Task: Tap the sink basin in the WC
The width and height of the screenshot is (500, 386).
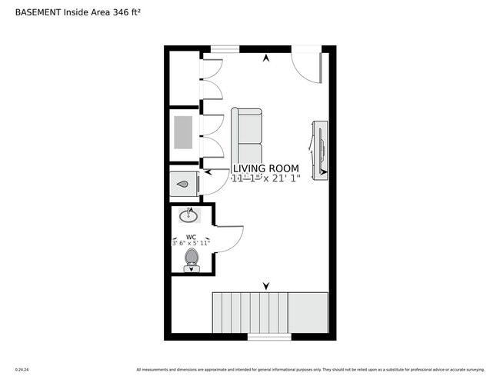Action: click(x=189, y=215)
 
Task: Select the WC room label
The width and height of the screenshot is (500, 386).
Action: click(x=192, y=237)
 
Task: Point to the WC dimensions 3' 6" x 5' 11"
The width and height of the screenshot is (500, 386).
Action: click(x=191, y=243)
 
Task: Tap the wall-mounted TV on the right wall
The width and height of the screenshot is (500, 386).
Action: click(x=320, y=150)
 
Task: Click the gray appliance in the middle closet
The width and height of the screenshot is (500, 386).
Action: click(x=183, y=132)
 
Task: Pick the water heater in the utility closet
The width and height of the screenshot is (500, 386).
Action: click(x=185, y=185)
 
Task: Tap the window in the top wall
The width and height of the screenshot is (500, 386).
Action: click(x=225, y=49)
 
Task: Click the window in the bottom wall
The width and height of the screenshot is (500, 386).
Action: click(x=269, y=337)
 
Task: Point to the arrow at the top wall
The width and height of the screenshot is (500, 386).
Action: click(x=266, y=58)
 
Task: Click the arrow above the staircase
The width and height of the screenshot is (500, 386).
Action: click(x=266, y=285)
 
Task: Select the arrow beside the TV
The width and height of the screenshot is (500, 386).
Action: click(x=323, y=172)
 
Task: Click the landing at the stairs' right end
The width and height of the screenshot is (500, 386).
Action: click(x=308, y=312)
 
